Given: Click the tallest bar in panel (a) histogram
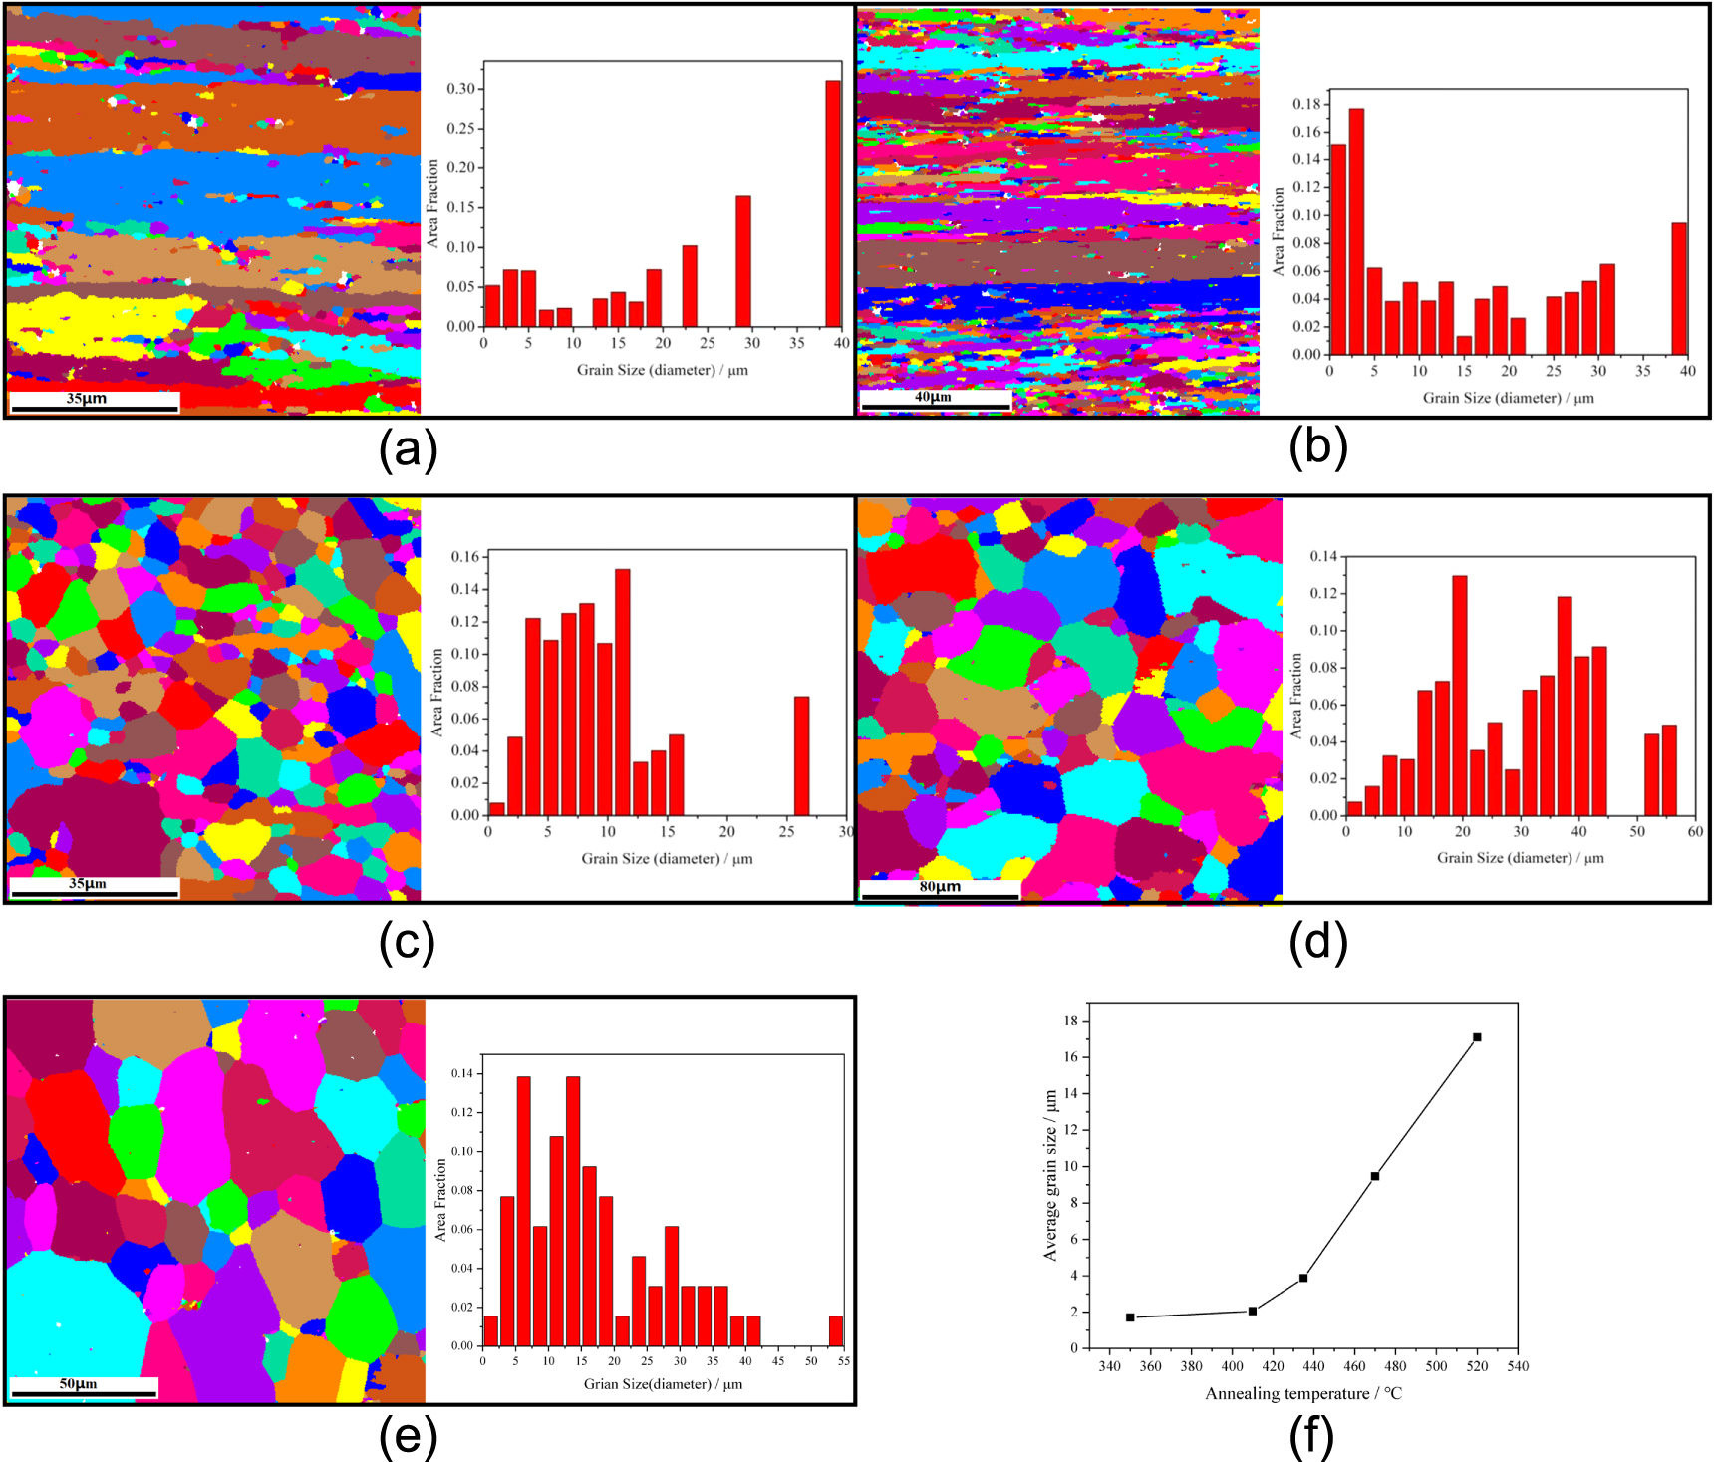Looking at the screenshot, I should pyautogui.click(x=833, y=204).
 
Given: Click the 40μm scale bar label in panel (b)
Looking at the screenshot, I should pyautogui.click(x=933, y=397).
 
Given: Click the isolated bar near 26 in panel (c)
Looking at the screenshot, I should pyautogui.click(x=801, y=755).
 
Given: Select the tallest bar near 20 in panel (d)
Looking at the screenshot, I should pyautogui.click(x=1460, y=695).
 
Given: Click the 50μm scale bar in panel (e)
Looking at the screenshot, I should pyautogui.click(x=84, y=1393).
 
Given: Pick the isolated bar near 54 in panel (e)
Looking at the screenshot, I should pyautogui.click(x=836, y=1330).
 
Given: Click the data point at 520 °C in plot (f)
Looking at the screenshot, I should pyautogui.click(x=1477, y=1037).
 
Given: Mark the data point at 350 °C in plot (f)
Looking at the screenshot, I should pyautogui.click(x=1130, y=1317).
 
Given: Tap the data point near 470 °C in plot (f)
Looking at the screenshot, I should pyautogui.click(x=1375, y=1176).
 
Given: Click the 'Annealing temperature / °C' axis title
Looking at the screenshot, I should pyautogui.click(x=1303, y=1394).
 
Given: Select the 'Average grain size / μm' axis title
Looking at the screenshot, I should pyautogui.click(x=1050, y=1176).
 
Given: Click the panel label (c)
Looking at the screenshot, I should pyautogui.click(x=407, y=942).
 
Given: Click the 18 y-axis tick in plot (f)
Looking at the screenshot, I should pyautogui.click(x=1070, y=1021).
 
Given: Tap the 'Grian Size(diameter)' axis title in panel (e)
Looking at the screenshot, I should pyautogui.click(x=663, y=1384).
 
